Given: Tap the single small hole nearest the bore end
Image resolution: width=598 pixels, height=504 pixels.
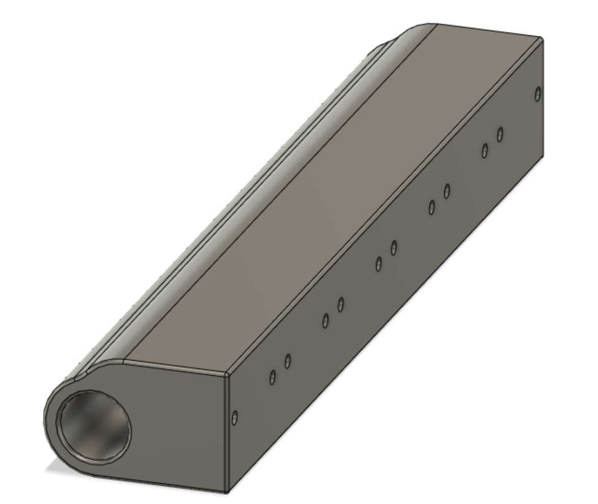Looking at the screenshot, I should [234, 418].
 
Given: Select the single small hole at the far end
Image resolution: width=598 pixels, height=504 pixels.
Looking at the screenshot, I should [538, 94].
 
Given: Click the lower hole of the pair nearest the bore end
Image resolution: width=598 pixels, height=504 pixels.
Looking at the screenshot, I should [272, 377].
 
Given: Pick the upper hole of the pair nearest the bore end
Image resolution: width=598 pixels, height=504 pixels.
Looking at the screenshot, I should [288, 361].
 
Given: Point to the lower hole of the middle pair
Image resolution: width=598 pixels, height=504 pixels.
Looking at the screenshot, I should [378, 264].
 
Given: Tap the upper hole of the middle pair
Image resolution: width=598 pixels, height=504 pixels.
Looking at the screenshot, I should [394, 248].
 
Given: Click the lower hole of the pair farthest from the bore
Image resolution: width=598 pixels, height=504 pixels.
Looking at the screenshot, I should [485, 151].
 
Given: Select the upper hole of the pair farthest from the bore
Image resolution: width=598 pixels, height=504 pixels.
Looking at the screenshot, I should [500, 134].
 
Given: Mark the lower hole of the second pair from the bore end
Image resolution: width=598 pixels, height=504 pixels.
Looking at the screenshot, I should [325, 320].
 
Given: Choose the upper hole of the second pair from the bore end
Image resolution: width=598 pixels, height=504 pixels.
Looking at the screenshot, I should [341, 304].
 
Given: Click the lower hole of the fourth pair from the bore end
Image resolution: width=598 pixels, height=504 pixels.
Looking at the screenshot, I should [431, 207].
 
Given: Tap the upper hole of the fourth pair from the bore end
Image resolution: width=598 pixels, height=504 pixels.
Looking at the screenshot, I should [447, 191].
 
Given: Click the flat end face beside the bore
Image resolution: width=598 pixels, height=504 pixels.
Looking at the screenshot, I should [181, 423].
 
